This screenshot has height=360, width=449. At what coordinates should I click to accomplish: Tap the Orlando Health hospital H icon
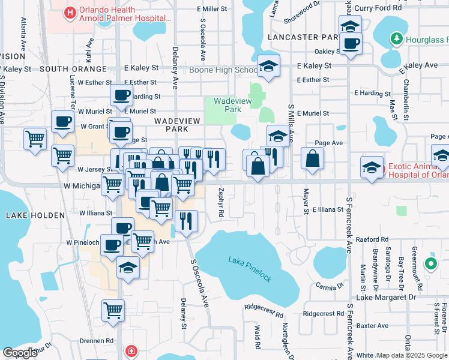(x=70, y=11)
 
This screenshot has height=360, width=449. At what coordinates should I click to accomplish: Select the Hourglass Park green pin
(x=396, y=40)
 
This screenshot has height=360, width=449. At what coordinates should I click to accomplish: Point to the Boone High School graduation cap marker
(x=268, y=67)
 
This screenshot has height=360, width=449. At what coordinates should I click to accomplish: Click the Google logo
(x=20, y=352)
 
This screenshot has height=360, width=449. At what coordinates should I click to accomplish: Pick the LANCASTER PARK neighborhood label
(x=304, y=37)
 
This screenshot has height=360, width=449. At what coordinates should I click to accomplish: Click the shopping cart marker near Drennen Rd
(x=113, y=311)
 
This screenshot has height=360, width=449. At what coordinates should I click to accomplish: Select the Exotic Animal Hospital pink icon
(x=372, y=169)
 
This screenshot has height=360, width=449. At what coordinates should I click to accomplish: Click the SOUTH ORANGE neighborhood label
(x=74, y=70)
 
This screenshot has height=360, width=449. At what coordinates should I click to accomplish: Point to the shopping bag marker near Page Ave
(x=312, y=159)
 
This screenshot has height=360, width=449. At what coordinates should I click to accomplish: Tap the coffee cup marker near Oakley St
(x=350, y=43)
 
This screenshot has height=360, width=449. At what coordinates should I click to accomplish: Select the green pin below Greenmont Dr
(x=430, y=263)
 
